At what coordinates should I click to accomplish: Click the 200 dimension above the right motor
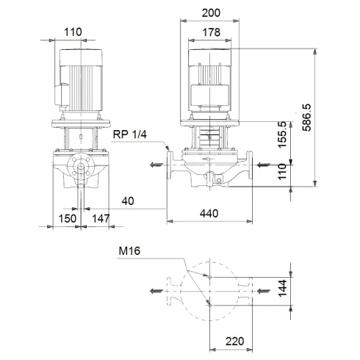[x=212, y=13]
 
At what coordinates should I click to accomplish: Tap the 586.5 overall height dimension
[x=307, y=118]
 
